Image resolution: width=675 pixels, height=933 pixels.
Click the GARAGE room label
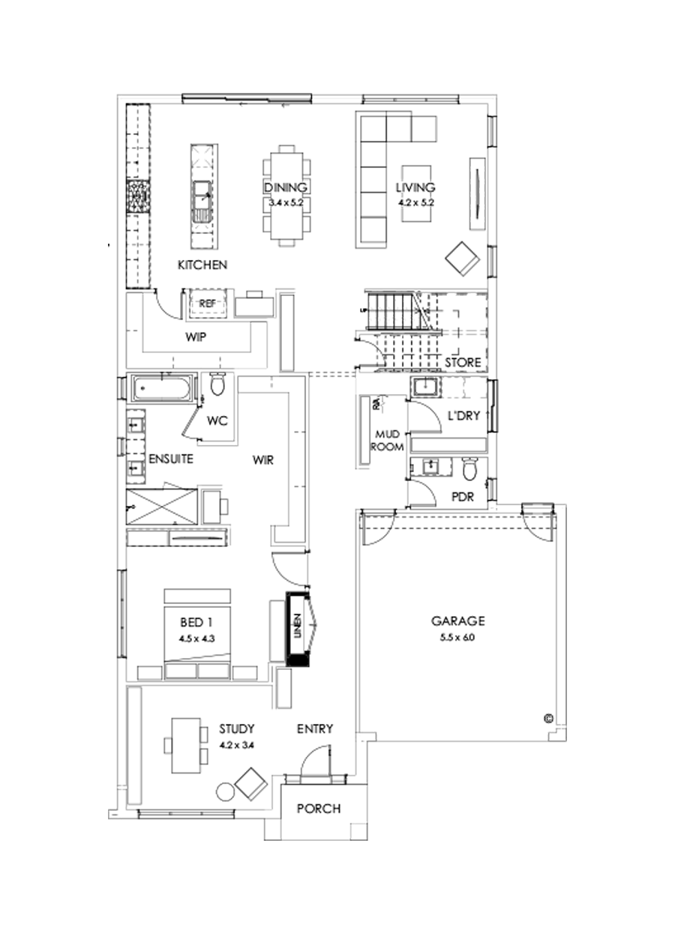point(458,621)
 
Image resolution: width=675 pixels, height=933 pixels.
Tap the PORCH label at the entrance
point(318,809)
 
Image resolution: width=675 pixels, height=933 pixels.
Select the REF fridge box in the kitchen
point(207,303)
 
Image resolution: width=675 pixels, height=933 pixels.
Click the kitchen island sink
point(202,200)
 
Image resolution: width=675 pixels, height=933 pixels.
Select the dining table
point(285,195)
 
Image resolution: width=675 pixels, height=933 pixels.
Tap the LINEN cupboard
point(298,628)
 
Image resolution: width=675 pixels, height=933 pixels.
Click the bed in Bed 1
point(197,633)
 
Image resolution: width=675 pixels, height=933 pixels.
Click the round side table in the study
point(225,791)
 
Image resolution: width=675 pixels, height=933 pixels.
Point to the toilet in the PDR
point(470,469)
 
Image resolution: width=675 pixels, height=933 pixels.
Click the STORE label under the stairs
point(463,363)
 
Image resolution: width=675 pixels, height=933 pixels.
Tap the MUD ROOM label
point(389,441)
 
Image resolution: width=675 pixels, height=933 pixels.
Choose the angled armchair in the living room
point(463,259)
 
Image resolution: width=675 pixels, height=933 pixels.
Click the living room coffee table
point(418,193)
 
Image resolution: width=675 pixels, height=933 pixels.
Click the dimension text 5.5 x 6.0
point(458,638)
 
